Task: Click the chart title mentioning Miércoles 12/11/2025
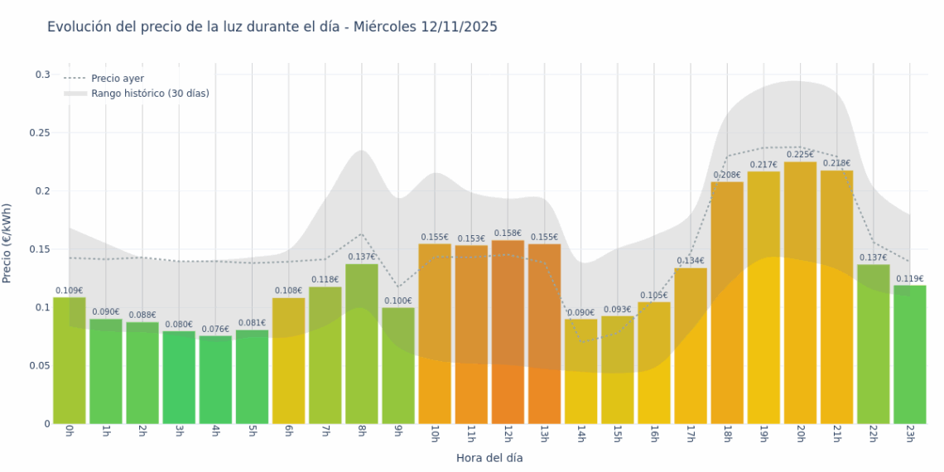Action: click(272, 27)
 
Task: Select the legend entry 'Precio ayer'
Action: click(117, 79)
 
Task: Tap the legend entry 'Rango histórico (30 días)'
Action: click(150, 94)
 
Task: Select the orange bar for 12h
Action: click(508, 331)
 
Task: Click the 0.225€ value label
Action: click(800, 155)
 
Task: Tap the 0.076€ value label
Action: click(215, 329)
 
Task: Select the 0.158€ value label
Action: click(508, 234)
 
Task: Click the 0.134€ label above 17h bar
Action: click(691, 261)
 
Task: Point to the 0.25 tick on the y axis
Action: click(40, 133)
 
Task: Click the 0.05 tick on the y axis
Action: click(40, 365)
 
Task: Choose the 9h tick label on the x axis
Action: click(397, 433)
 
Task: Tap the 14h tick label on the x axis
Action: click(580, 435)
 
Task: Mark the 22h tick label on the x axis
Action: click(873, 435)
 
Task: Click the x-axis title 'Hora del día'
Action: click(489, 458)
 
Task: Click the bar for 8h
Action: click(362, 344)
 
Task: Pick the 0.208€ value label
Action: click(727, 176)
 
